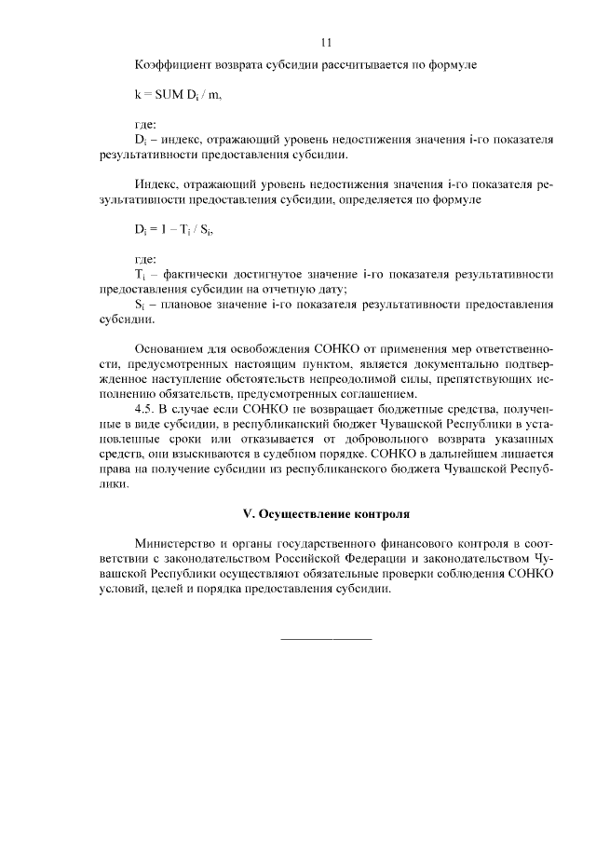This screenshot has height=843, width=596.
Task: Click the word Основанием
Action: (175, 349)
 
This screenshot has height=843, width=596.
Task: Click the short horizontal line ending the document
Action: (326, 638)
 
